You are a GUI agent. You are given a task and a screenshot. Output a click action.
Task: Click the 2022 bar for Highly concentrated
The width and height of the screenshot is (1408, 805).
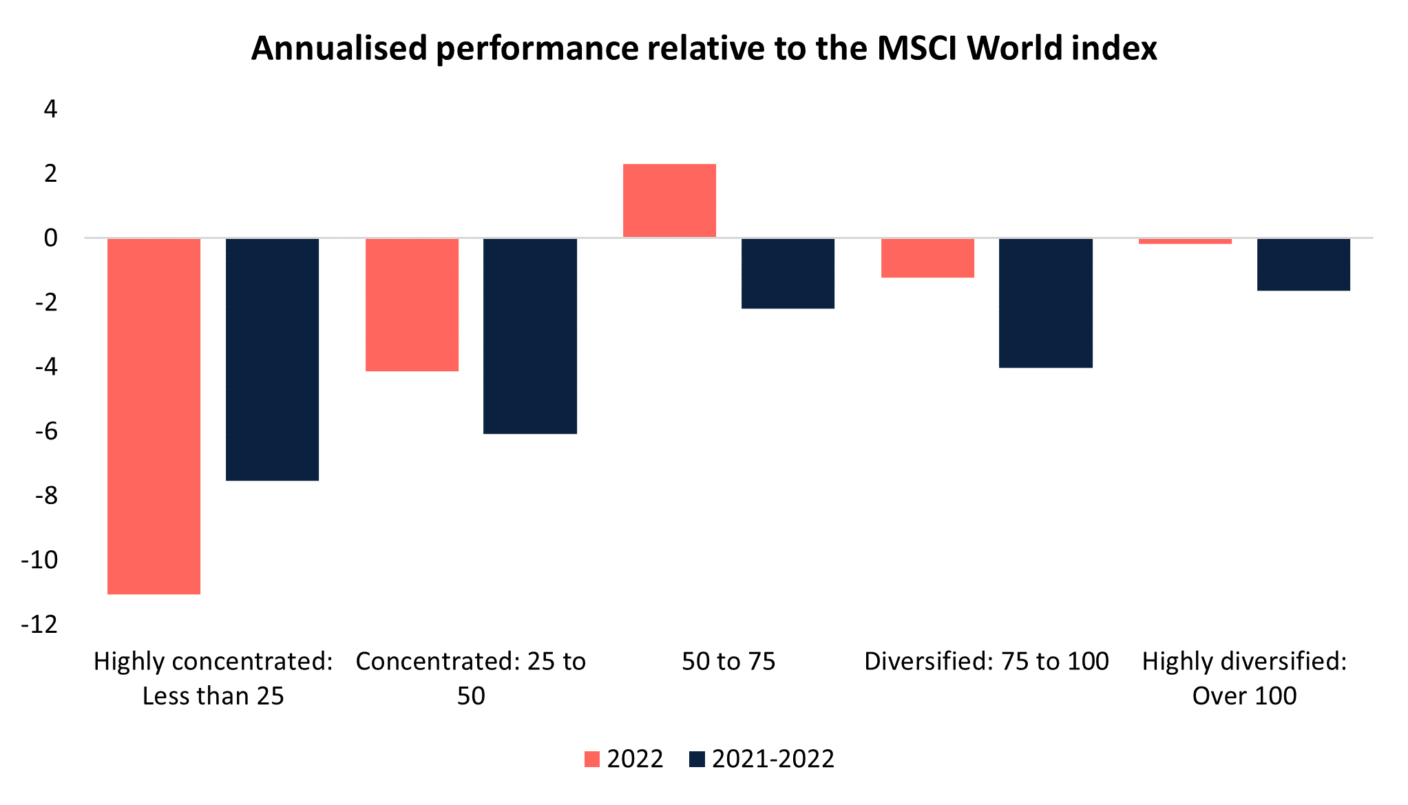tap(154, 415)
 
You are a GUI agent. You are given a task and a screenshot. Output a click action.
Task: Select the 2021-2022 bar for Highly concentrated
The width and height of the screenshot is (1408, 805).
tap(272, 359)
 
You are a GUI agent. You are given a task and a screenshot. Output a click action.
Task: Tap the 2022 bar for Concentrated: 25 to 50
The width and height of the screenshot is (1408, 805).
tap(412, 304)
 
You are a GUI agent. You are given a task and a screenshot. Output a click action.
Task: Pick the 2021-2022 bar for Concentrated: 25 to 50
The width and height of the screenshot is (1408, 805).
tap(529, 335)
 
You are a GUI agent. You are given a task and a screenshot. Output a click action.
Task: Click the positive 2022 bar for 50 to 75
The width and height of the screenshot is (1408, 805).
tap(669, 200)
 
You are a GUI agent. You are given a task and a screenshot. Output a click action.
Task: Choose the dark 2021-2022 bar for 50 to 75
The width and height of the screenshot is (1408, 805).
tap(788, 273)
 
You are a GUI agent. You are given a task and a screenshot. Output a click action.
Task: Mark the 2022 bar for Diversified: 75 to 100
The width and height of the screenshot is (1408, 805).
tap(927, 258)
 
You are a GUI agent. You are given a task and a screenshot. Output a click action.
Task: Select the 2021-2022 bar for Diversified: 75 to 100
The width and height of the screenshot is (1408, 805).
tap(1045, 303)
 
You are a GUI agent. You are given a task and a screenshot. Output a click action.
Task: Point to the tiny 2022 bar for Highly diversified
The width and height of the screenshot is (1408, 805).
tap(1185, 241)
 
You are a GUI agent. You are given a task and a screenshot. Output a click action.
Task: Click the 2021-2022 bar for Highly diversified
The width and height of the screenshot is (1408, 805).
tap(1303, 264)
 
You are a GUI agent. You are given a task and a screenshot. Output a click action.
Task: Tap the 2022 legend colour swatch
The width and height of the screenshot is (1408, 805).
tap(592, 759)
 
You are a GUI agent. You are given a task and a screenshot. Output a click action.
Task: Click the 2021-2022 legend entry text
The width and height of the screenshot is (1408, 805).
tap(773, 759)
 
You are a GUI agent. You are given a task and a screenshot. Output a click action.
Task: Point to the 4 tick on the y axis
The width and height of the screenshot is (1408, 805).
tap(50, 109)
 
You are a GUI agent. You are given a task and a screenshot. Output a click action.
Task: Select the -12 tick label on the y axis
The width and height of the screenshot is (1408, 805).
tap(40, 625)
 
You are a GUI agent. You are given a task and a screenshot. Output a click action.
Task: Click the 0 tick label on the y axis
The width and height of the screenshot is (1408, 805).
tap(50, 238)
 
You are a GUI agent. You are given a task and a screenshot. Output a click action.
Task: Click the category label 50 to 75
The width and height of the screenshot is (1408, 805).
tap(728, 661)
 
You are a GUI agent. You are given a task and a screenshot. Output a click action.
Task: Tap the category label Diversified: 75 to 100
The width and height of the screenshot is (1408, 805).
tap(986, 661)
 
